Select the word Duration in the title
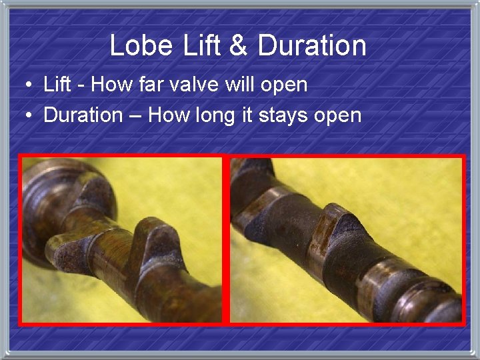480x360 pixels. (312, 45)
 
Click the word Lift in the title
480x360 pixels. (198, 45)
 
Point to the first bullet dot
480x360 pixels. (27, 85)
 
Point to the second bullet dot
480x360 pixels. (27, 115)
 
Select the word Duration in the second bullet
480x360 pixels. (83, 115)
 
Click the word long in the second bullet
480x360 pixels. (215, 116)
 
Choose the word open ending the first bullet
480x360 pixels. (284, 86)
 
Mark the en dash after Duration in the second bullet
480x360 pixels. (135, 115)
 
